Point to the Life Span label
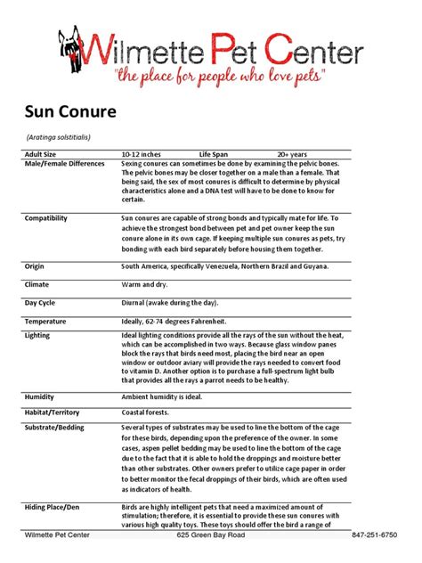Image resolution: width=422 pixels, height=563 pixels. pos(216,153)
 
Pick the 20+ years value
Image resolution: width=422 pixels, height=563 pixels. pos(296,153)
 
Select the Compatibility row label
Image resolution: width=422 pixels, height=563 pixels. pos(49,217)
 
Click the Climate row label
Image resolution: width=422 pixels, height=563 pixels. pos(38,284)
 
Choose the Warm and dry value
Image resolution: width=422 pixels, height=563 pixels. pos(145,284)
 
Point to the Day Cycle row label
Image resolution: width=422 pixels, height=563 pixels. pos(42,302)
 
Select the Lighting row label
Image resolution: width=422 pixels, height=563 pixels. pos(39,335)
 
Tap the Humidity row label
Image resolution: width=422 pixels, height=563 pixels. pos(41,396)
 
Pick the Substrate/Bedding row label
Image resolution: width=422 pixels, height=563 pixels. pos(58,429)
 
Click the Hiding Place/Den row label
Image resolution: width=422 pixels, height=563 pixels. pos(56,506)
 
